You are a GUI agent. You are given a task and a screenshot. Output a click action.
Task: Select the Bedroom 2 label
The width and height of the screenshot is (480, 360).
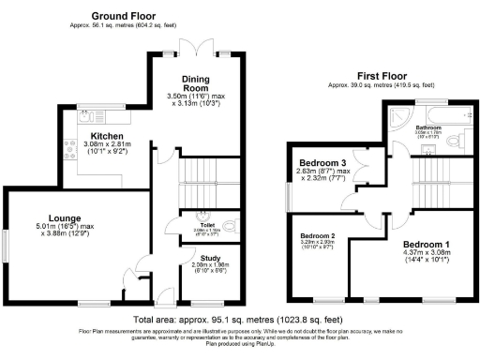(x=318, y=236)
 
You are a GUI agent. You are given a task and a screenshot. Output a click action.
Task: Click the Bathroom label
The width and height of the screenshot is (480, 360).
(x=429, y=127)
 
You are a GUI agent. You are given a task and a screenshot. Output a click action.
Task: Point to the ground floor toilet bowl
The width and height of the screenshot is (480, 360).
(x=230, y=226)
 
